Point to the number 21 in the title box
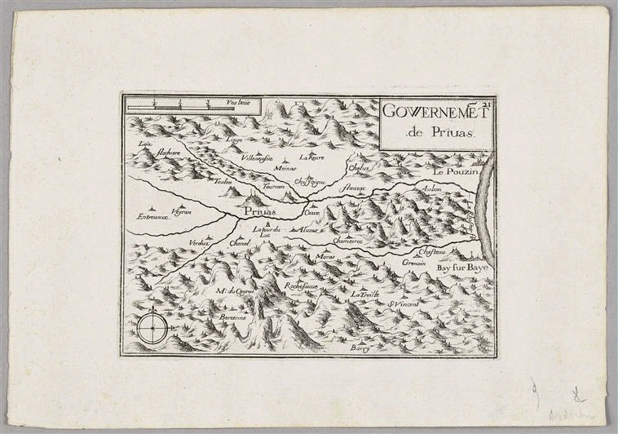[x=488, y=103]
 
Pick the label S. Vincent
[x=404, y=304]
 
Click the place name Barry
[x=360, y=348]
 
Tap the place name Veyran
[x=181, y=210]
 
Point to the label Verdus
[x=199, y=243]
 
